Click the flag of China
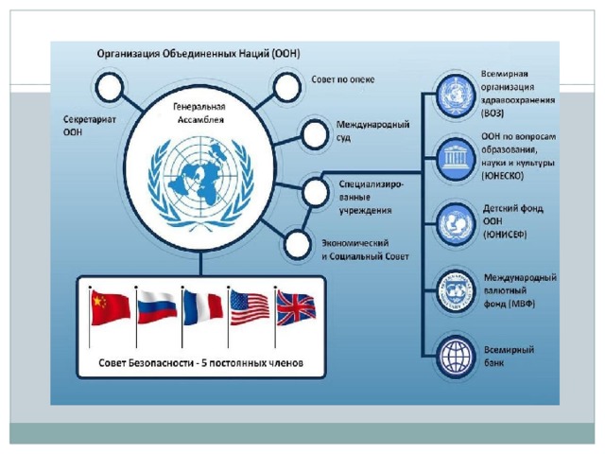111,308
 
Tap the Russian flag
157,307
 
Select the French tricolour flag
203,307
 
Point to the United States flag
250,308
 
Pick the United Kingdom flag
296,308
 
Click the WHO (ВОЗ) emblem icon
456,96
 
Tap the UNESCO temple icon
456,159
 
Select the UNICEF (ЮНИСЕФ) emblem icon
456,224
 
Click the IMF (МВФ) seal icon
456,290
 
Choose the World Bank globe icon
456,356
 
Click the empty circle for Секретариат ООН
110,87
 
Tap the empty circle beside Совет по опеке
286,87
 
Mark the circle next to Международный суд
315,134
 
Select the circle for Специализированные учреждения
315,192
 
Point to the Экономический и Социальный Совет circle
298,244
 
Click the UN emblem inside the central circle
201,183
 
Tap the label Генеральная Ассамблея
199,113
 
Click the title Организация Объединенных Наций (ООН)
199,53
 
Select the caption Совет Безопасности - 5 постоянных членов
200,363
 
